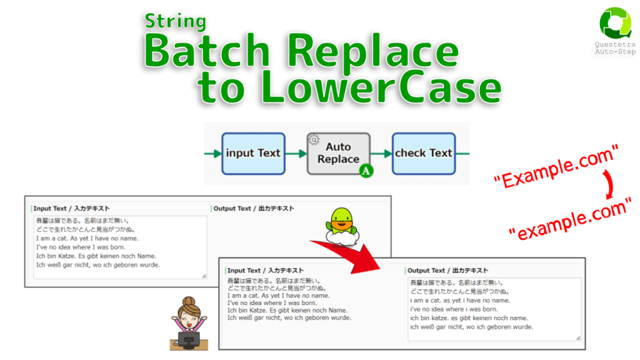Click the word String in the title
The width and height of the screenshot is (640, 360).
click(x=176, y=21)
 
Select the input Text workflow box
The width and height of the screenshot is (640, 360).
click(x=253, y=153)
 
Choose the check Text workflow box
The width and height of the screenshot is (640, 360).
click(x=423, y=153)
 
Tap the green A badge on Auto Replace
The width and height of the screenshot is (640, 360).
click(x=365, y=170)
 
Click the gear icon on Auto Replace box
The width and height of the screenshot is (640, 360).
click(x=314, y=140)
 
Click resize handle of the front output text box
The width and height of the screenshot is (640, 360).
click(x=577, y=338)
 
